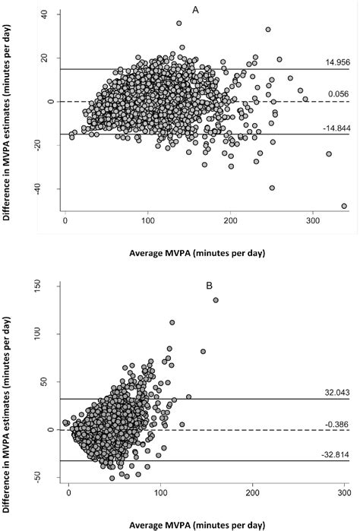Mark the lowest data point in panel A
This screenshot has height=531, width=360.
tap(344, 206)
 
